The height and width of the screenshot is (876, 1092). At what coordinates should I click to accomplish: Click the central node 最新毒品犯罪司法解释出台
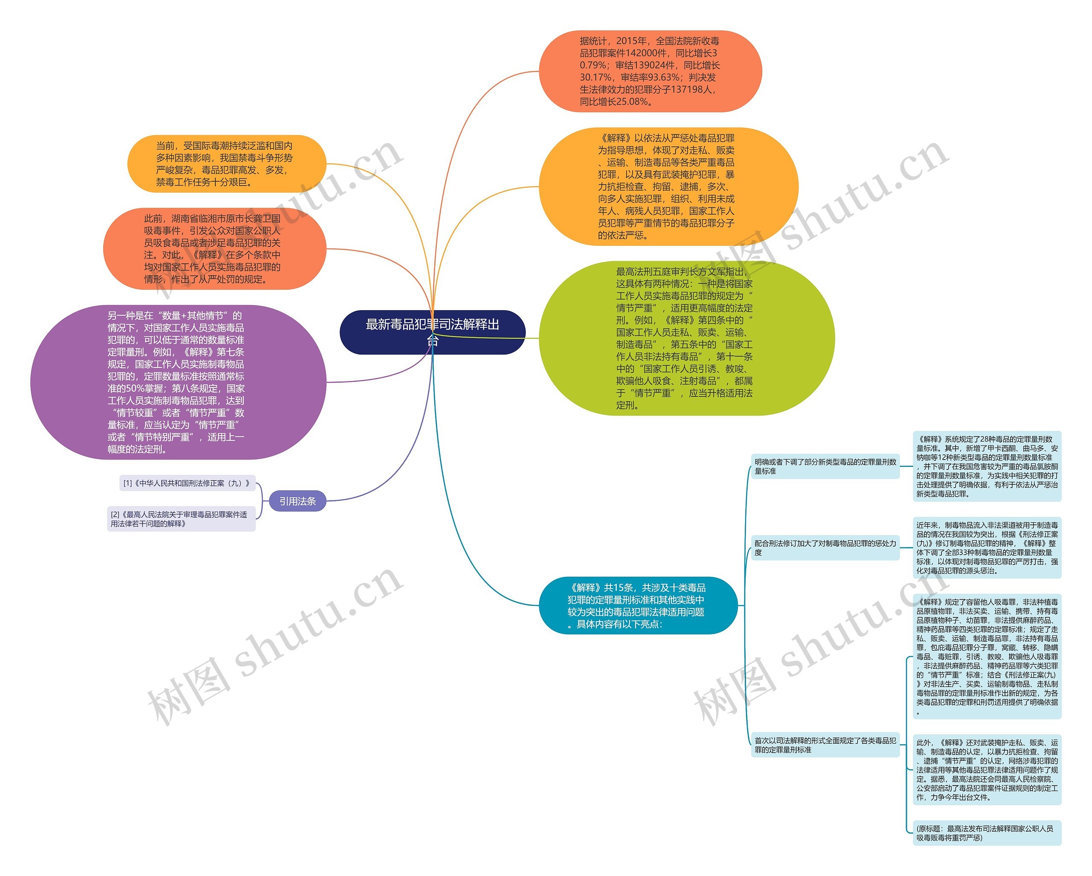point(432,332)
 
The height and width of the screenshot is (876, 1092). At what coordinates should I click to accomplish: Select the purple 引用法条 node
point(297,501)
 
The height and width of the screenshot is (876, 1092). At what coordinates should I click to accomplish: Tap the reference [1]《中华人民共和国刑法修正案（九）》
point(187,483)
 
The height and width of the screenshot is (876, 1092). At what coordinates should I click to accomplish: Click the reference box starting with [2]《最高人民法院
point(181,519)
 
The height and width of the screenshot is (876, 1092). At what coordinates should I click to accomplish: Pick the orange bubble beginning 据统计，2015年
point(650,71)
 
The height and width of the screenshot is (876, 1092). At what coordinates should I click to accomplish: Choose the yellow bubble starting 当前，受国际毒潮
point(226,164)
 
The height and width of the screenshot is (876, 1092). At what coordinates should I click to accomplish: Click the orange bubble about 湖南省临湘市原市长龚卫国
point(214,249)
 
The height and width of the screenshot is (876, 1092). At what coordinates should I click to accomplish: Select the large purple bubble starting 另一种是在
point(178,382)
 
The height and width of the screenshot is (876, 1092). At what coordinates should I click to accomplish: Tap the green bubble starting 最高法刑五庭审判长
point(686,338)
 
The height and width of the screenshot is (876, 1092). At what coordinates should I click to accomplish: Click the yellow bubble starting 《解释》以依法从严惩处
point(668,186)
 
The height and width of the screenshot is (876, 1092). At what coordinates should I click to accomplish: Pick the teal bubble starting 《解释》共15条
point(637,605)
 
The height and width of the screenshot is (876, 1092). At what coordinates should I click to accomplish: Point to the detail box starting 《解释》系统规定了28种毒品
point(987,466)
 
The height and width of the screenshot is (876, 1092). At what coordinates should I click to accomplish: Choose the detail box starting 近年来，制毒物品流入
point(987,548)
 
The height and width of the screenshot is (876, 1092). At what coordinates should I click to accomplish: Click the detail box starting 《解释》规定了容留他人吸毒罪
point(987,657)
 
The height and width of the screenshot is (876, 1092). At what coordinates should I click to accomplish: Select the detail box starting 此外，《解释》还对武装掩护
point(987,770)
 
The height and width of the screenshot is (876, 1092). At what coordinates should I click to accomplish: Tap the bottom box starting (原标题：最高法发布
point(987,833)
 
